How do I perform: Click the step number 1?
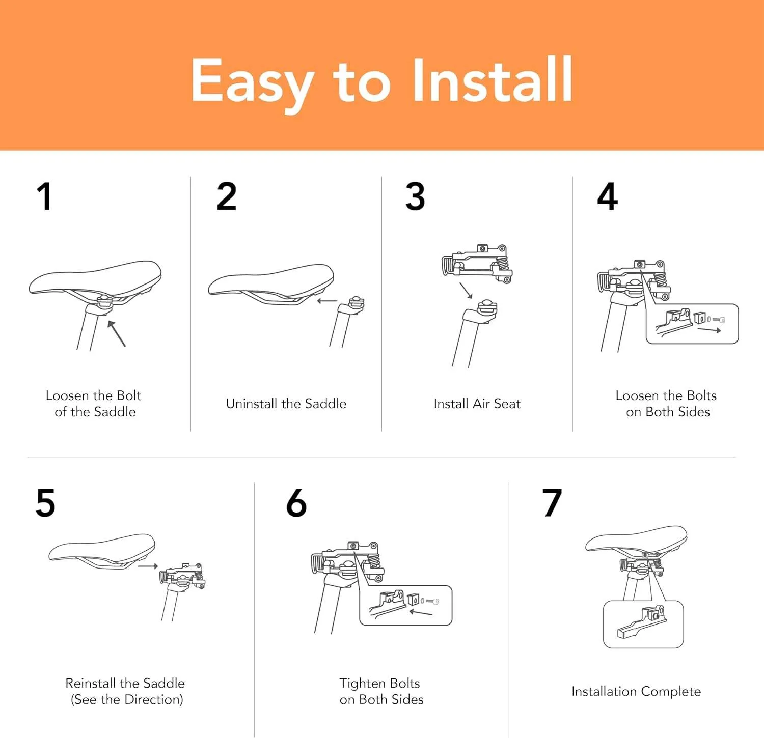[44, 196]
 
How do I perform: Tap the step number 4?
[607, 196]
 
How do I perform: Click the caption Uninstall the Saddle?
[286, 404]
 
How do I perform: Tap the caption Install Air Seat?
[477, 404]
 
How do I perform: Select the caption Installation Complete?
[636, 691]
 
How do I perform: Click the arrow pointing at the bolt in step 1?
[117, 333]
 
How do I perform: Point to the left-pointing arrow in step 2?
[326, 301]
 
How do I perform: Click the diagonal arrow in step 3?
[466, 290]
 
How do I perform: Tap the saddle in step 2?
[271, 282]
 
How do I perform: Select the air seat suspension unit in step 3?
[477, 263]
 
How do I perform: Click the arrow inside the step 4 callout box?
[709, 330]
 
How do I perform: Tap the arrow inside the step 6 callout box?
[421, 612]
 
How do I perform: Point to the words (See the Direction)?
[127, 699]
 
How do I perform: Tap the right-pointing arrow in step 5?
[148, 566]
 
